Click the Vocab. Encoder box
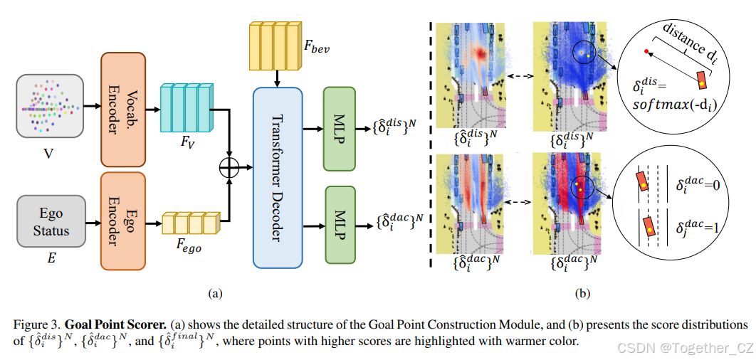(123, 107)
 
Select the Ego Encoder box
(123, 221)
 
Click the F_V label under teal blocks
(186, 142)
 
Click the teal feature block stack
(187, 108)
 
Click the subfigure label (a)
(215, 292)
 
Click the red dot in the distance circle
(646, 52)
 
